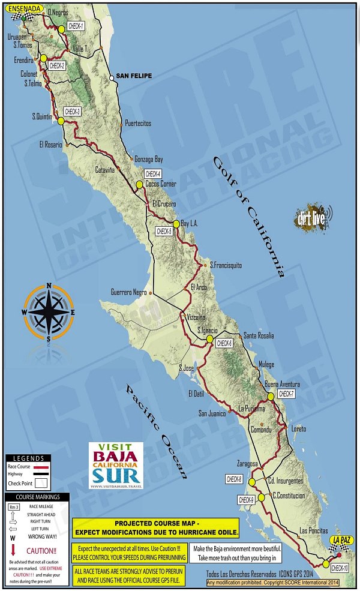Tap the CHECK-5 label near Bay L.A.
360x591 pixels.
point(164,230)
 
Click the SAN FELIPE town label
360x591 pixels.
point(134,76)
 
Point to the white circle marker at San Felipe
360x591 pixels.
point(112,78)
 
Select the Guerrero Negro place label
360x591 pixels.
point(128,292)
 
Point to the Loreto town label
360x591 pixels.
point(298,429)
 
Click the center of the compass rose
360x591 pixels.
point(49,312)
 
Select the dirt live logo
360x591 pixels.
point(311,218)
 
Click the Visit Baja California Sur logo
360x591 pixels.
point(116,466)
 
